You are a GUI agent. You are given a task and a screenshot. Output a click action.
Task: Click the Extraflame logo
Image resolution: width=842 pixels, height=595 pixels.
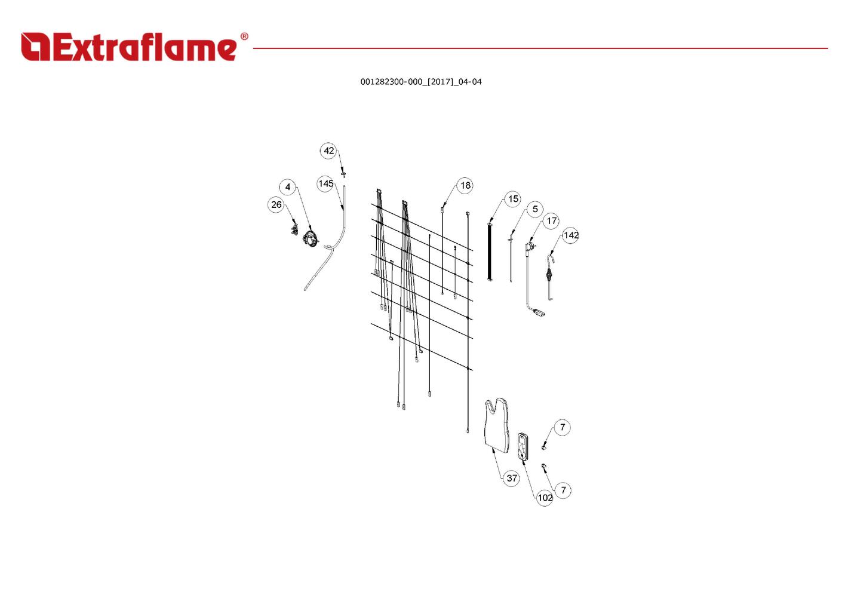(129, 47)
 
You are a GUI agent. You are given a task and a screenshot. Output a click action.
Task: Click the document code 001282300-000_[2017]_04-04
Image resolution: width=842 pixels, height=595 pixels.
(420, 82)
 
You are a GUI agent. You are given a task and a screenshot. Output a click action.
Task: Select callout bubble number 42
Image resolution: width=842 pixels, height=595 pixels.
(328, 151)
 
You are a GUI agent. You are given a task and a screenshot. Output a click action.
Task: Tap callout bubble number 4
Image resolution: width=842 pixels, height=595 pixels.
(288, 187)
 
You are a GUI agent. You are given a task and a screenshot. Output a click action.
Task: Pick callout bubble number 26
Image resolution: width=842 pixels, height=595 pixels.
(276, 204)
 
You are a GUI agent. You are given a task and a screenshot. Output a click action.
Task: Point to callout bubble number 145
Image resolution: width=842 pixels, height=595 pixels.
(325, 183)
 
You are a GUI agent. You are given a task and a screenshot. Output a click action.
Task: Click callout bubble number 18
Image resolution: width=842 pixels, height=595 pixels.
(465, 185)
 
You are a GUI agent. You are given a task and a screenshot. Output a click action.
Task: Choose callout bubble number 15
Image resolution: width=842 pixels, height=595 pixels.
(513, 199)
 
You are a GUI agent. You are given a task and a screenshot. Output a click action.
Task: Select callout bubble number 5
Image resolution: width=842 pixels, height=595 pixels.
(535, 209)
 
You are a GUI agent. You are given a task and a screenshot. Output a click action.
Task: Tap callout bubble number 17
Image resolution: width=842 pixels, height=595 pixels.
(551, 221)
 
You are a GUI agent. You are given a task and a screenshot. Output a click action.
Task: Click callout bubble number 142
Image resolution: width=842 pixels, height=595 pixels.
(571, 235)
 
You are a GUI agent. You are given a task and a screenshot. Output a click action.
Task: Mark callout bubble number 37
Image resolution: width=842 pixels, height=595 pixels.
(512, 478)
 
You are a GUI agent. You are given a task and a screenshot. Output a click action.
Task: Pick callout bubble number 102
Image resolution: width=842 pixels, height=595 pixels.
(545, 497)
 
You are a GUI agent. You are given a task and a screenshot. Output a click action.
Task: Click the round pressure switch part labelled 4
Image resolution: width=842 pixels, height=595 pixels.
(310, 239)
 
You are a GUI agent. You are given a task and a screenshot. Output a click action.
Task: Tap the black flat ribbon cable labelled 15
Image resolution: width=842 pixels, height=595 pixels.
(490, 251)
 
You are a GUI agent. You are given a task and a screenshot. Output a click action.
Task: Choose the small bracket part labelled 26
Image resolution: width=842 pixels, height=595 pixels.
(294, 230)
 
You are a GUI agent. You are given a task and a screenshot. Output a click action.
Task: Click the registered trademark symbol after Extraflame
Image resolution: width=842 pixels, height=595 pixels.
(244, 37)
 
